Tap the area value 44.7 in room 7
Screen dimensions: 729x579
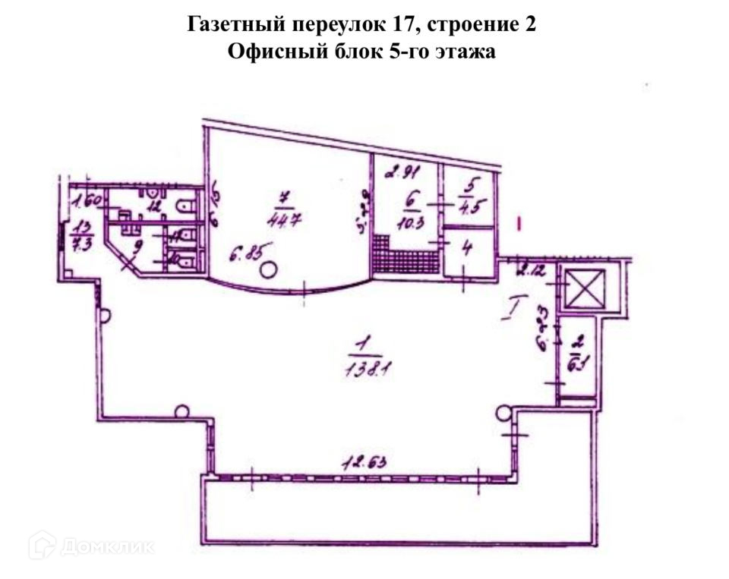pyautogui.click(x=286, y=221)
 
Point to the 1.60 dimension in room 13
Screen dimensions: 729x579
pyautogui.click(x=87, y=202)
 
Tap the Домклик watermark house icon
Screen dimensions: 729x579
pyautogui.click(x=41, y=545)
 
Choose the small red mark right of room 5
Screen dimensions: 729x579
pyautogui.click(x=519, y=223)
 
